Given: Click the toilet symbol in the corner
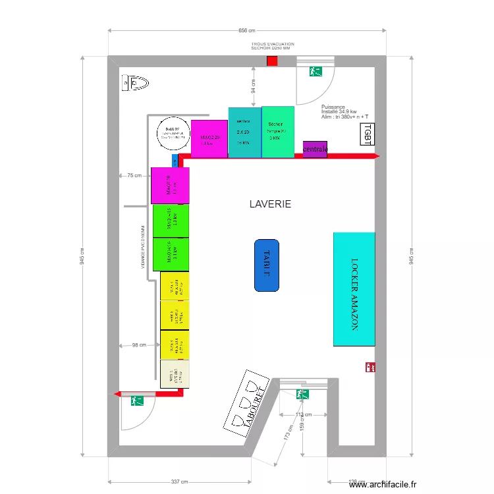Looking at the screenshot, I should click(135, 83).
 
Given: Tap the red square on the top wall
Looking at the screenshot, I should click(272, 61).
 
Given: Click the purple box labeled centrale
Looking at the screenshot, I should click(315, 150).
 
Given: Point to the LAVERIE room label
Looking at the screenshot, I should click(270, 204).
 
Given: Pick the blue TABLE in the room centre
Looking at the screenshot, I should click(267, 265).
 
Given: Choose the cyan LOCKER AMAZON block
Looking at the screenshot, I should click(354, 289).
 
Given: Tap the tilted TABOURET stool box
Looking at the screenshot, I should click(250, 405).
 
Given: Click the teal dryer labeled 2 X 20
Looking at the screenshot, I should click(244, 132).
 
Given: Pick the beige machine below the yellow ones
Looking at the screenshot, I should click(175, 374).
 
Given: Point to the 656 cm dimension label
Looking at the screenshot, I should click(246, 30).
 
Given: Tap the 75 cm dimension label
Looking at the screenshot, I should click(134, 175).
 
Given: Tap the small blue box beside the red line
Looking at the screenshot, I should click(175, 160).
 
